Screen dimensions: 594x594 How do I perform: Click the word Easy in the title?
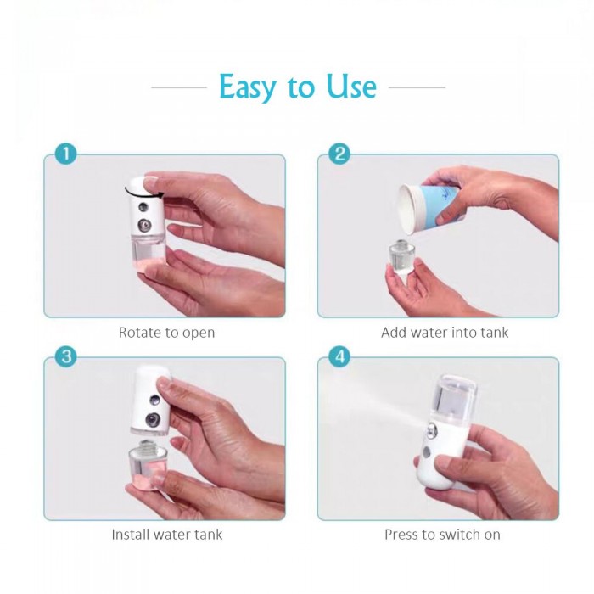[248, 87]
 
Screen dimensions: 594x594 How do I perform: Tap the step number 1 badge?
[65, 154]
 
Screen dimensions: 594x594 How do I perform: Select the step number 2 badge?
[339, 154]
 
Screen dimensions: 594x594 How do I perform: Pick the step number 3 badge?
[65, 356]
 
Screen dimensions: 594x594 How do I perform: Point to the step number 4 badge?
[339, 356]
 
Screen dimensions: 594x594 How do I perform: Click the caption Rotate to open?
[166, 333]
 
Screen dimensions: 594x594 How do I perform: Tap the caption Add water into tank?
[445, 333]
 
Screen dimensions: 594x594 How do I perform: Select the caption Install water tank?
[167, 535]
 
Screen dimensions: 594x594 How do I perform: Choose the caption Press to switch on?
[442, 535]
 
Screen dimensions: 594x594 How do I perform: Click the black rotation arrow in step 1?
[143, 195]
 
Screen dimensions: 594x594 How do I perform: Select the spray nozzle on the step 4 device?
[432, 431]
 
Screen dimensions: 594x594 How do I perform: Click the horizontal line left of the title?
[179, 87]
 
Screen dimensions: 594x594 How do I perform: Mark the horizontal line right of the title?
[417, 87]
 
